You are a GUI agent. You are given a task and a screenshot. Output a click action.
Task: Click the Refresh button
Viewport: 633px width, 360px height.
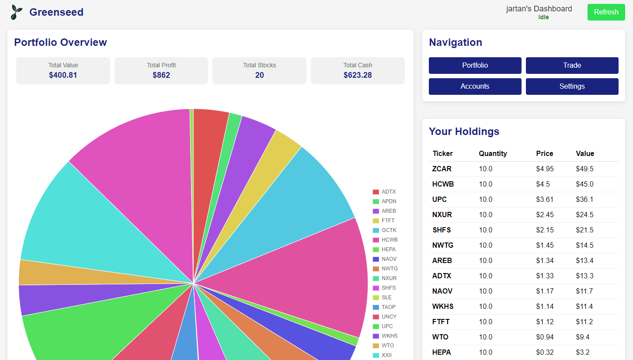(606, 12)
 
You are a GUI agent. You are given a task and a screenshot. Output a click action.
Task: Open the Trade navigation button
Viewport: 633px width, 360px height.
(572, 66)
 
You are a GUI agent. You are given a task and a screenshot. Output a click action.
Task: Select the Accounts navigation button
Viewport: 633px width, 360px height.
(475, 87)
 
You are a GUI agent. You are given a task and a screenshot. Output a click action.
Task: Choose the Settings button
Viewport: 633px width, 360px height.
(572, 87)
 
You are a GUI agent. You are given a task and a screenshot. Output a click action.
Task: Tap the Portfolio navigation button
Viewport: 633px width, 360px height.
(475, 66)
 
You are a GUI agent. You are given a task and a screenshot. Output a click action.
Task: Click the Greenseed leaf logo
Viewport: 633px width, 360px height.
(17, 12)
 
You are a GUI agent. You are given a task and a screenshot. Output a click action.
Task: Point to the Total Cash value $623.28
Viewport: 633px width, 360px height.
(358, 75)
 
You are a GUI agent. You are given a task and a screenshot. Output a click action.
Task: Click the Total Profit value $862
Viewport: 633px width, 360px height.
(161, 75)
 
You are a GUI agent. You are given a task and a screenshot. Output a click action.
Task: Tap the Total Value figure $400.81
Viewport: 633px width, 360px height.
(63, 75)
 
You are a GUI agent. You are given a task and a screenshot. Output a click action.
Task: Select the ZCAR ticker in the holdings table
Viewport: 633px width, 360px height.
(442, 169)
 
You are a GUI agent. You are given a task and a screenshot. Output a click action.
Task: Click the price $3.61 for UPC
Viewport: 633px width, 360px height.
(545, 199)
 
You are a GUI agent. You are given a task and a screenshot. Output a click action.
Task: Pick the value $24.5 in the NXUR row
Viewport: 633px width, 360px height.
(584, 215)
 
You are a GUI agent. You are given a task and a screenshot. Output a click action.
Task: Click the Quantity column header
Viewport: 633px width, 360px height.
(493, 153)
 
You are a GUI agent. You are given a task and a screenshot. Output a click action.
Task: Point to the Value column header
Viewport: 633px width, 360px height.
(585, 153)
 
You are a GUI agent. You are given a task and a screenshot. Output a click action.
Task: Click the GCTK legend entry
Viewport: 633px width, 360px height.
(388, 230)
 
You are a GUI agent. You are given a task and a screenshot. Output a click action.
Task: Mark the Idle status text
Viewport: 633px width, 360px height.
(543, 17)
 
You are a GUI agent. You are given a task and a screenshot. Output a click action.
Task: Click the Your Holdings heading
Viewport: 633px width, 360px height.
(464, 132)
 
